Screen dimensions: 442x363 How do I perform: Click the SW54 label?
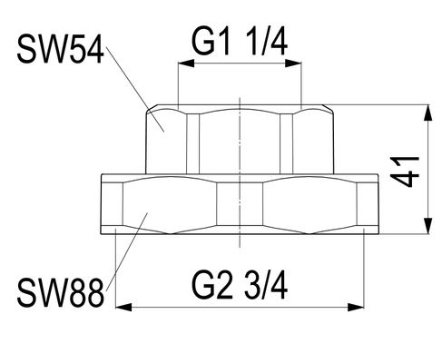coord(61,49)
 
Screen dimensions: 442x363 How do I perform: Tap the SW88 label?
coord(61,292)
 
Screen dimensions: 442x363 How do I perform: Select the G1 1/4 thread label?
coord(240,41)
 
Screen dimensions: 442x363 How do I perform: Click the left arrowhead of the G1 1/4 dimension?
coord(186,64)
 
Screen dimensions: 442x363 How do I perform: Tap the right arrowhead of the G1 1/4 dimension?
coord(294,64)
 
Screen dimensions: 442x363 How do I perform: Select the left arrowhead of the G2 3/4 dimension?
coord(124,308)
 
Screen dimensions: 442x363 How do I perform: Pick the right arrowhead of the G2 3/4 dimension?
coord(356,308)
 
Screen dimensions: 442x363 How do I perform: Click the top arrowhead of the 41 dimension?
coord(427,113)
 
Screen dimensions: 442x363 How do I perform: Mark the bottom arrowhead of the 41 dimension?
coord(427,226)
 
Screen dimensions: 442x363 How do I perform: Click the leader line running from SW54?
coord(134,88)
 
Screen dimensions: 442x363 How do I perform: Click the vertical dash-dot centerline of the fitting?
coord(240,172)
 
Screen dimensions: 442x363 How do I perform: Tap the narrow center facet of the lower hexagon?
coord(240,204)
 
